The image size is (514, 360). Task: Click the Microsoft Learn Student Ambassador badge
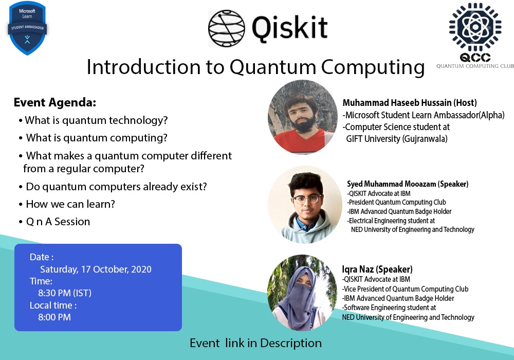(x=27, y=28)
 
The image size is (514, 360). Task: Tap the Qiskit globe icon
(x=227, y=28)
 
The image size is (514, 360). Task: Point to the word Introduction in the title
(x=143, y=67)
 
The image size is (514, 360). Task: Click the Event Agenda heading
(x=55, y=103)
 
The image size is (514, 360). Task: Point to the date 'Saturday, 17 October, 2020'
(x=96, y=269)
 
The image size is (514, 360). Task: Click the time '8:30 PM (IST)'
(x=65, y=293)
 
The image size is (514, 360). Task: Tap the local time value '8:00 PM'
(x=54, y=317)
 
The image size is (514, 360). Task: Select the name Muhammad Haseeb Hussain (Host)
(x=410, y=103)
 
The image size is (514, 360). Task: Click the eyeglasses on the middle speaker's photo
(x=307, y=199)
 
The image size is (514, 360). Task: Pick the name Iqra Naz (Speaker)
(x=377, y=269)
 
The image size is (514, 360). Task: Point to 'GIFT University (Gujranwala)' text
(x=397, y=139)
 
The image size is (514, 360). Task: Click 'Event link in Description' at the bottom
(x=255, y=343)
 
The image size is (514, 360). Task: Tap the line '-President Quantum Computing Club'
(x=397, y=202)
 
